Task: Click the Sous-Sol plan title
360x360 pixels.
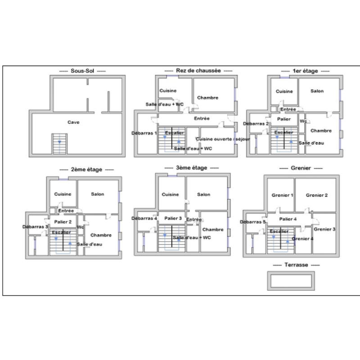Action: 82,71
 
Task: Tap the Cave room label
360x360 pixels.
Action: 73,122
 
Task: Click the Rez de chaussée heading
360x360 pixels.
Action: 198,71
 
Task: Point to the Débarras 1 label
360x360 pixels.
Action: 144,133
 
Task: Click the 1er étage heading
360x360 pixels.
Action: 305,71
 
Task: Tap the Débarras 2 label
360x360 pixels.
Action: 256,124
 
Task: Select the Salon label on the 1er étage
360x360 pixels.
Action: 317,91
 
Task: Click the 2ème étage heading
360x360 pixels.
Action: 86,170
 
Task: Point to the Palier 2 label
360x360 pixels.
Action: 63,222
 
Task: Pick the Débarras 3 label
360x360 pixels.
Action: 35,227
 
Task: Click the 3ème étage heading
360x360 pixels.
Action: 191,168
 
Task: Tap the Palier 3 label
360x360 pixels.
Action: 173,218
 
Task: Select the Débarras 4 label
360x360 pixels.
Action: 144,218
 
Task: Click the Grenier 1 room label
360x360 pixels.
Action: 282,195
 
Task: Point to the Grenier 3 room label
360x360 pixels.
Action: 324,229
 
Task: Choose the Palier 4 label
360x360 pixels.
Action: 288,219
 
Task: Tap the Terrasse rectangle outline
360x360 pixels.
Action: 291,273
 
